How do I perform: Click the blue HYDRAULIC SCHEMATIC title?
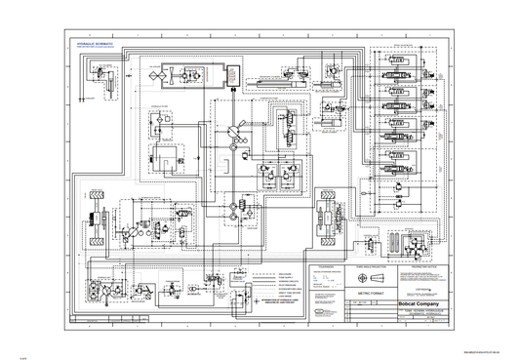(95, 44)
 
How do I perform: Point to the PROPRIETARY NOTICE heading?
(426, 264)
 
